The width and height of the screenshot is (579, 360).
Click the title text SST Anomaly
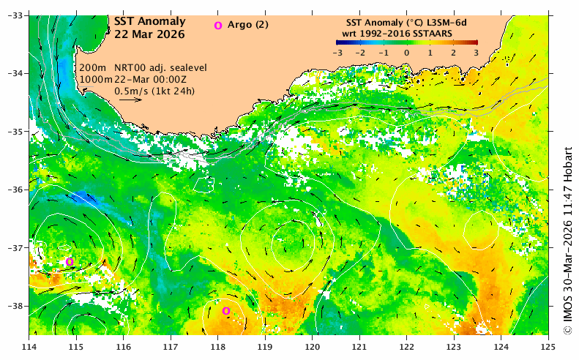click(149, 22)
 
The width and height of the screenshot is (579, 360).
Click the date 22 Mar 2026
click(149, 34)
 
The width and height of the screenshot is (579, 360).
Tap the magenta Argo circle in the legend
click(217, 26)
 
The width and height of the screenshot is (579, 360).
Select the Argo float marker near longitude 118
click(226, 311)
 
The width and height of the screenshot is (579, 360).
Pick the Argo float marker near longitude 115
click(70, 262)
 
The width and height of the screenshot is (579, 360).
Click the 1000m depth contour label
click(92, 79)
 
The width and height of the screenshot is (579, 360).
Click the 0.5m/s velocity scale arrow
click(130, 100)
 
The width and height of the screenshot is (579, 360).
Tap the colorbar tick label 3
click(475, 53)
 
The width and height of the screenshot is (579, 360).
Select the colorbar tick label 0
click(406, 53)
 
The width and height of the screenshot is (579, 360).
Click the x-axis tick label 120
click(313, 347)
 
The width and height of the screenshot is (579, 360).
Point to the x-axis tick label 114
click(30, 347)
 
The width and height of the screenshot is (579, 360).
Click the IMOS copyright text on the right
click(568, 238)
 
